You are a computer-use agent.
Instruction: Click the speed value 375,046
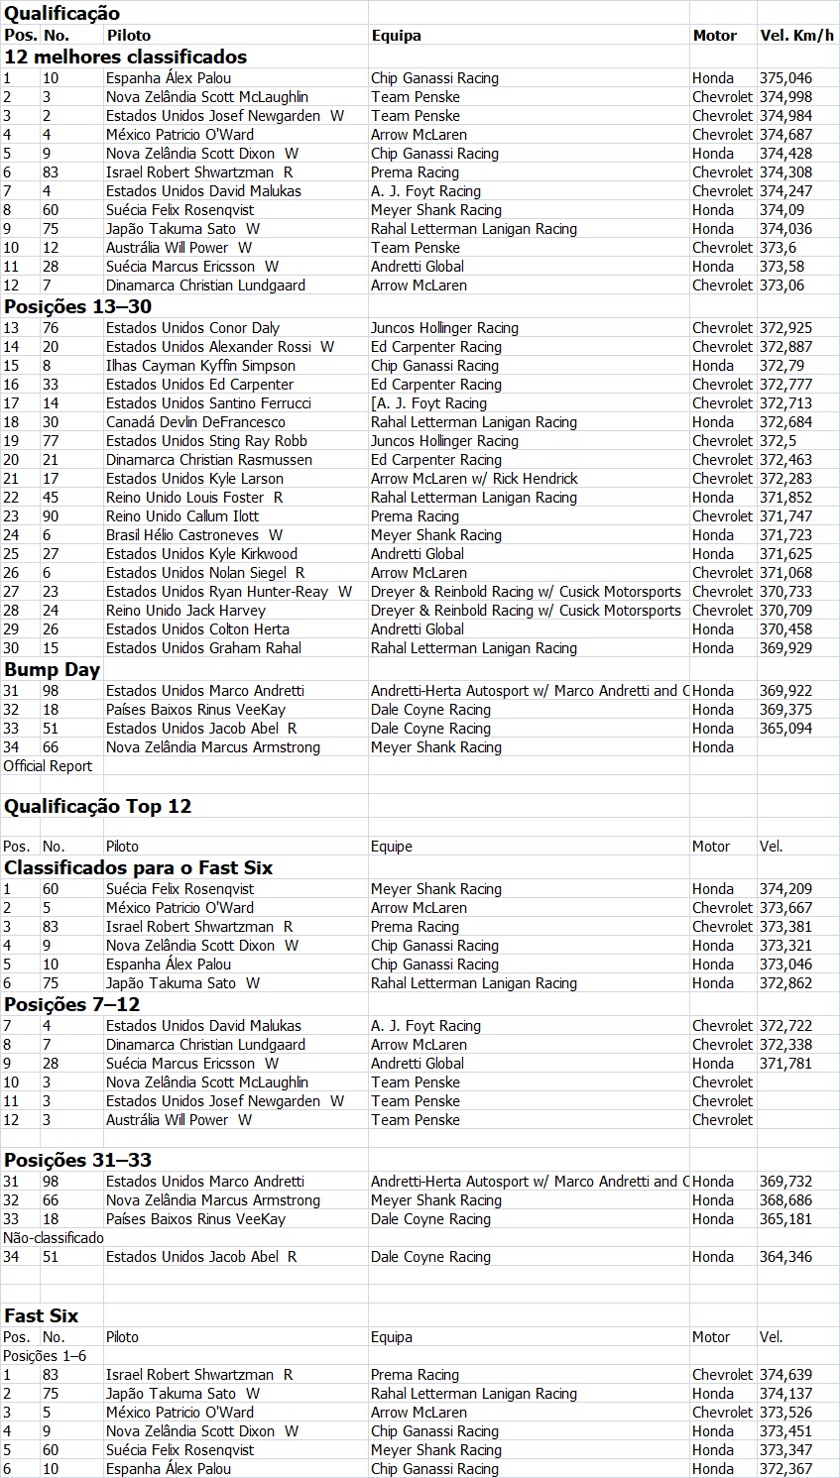[785, 78]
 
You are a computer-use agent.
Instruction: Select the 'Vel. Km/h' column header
[796, 36]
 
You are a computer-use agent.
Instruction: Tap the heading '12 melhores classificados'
[125, 57]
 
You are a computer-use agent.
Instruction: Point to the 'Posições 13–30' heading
[77, 306]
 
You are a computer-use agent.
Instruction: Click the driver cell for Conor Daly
[192, 328]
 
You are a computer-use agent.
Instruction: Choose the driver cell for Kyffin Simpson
[200, 366]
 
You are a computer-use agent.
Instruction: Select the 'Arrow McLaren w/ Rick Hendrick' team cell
[474, 479]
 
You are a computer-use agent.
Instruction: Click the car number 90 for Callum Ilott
[51, 516]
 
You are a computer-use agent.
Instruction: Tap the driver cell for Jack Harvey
[185, 611]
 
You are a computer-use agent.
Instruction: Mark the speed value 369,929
[785, 648]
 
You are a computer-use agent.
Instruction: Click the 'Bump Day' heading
[52, 669]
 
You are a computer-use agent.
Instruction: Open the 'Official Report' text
[48, 766]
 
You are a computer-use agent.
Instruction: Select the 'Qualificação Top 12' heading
[97, 806]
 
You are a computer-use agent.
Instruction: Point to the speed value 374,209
[785, 889]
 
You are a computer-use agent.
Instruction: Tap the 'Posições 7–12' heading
[71, 1004]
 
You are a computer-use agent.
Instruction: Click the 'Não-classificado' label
[54, 1238]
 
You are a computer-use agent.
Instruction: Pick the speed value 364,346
[785, 1257]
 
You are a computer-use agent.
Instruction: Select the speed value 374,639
[785, 1375]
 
